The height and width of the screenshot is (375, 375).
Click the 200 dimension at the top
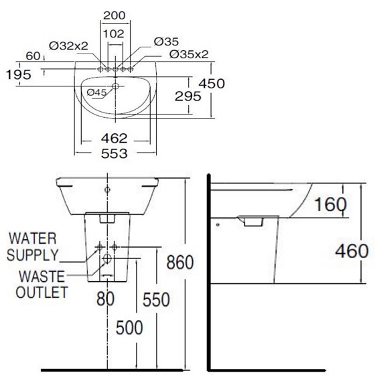(x=115, y=15)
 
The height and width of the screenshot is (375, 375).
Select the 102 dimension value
(x=113, y=34)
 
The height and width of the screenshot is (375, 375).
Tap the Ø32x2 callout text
(x=68, y=46)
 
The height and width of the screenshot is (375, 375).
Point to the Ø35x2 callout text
(x=189, y=54)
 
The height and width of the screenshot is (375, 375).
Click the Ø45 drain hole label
(x=96, y=92)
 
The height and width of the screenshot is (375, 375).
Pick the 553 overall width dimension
(x=114, y=153)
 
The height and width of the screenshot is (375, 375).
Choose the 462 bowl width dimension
(x=114, y=139)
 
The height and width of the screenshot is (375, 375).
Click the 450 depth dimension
(x=212, y=84)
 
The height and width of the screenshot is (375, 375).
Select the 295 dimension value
(x=188, y=96)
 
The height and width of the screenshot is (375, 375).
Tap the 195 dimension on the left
(x=19, y=74)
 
